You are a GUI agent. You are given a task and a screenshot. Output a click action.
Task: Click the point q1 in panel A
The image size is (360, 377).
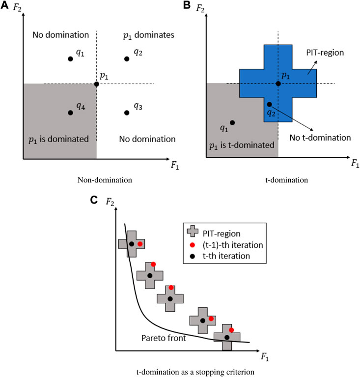tap(70, 58)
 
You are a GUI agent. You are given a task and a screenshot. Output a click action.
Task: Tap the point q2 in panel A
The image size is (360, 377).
tap(127, 58)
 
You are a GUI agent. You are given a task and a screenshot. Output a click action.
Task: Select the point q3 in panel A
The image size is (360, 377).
tap(127, 113)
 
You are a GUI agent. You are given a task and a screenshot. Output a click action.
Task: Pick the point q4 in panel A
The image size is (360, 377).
tap(70, 113)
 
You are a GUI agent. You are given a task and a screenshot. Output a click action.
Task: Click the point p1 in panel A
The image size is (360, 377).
tap(96, 84)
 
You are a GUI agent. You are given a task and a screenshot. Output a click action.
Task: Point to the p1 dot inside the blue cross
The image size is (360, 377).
tap(278, 84)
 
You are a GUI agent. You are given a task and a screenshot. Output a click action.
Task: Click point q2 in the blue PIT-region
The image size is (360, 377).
tap(269, 104)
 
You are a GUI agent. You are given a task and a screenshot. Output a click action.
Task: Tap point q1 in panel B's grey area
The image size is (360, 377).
tap(232, 122)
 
